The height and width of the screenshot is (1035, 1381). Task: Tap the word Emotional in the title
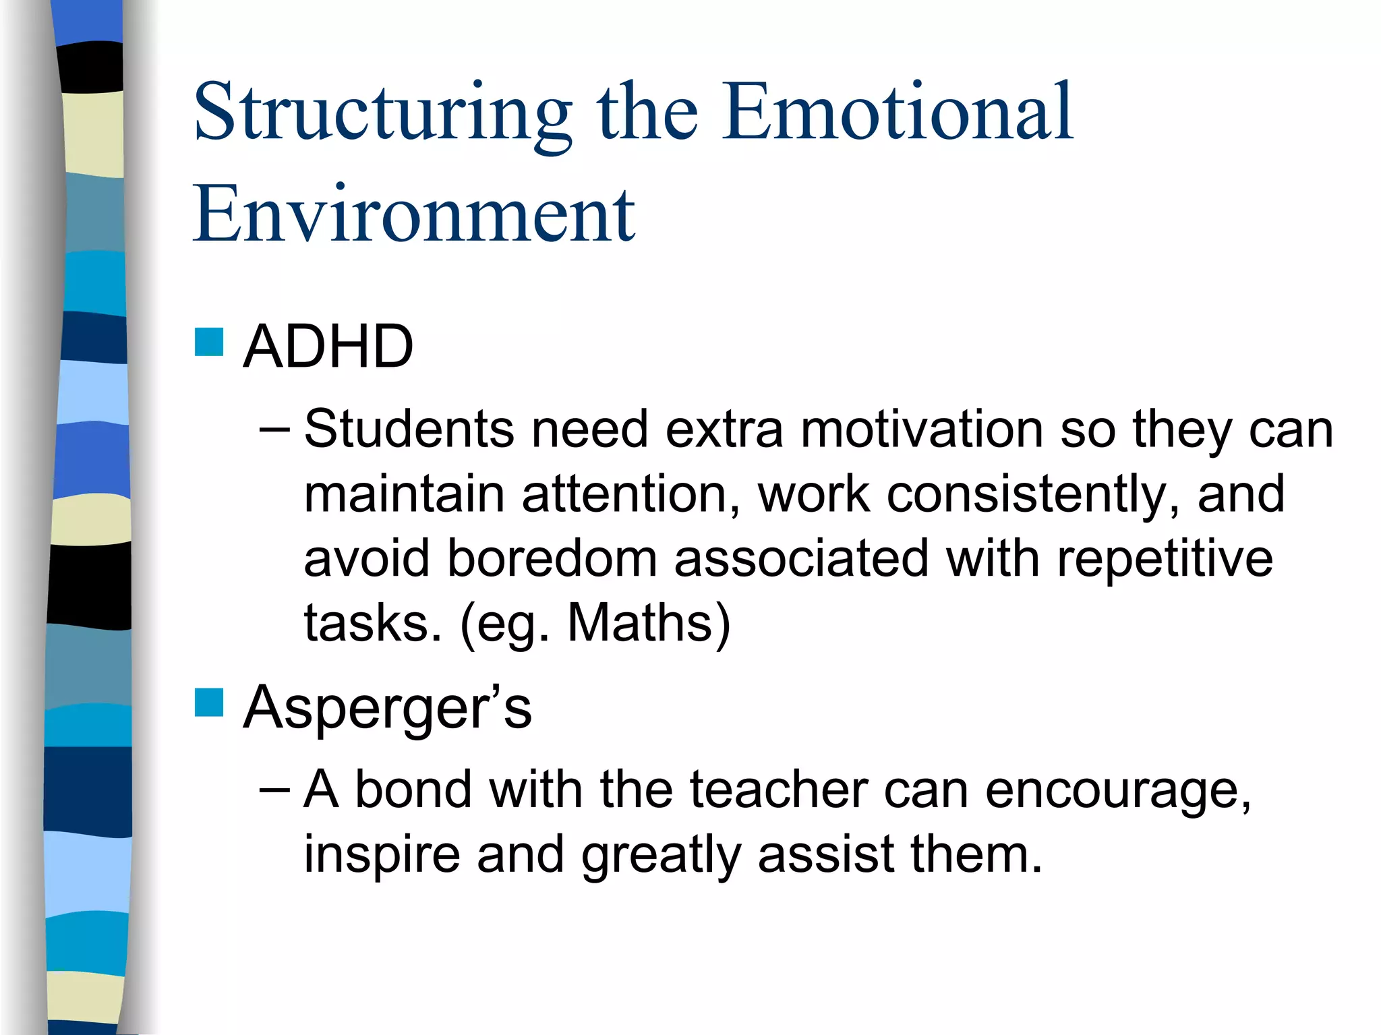pos(897,111)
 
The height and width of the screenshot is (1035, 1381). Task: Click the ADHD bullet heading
pos(328,347)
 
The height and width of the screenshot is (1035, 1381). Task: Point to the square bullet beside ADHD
pos(209,342)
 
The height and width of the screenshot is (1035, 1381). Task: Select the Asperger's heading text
pos(387,708)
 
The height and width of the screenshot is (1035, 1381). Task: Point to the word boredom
pos(552,558)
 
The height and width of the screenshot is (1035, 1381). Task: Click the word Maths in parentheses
pos(641,622)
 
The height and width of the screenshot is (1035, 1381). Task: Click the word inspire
pos(382,855)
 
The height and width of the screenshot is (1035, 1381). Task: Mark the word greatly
pos(661,855)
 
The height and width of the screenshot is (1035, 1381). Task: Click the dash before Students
pos(274,429)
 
